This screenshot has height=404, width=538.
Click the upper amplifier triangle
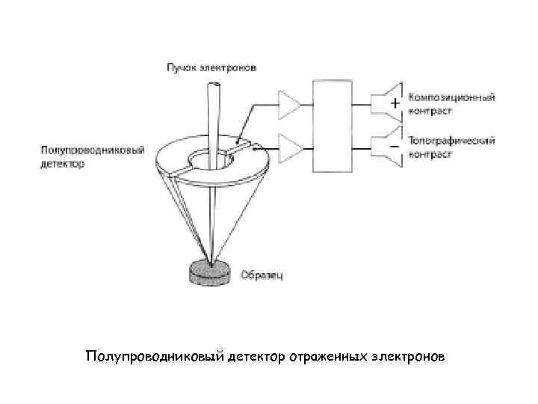coord(288,105)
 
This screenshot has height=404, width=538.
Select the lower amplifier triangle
coord(288,147)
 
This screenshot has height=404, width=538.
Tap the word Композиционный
coord(451,98)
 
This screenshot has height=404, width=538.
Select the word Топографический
coord(451,141)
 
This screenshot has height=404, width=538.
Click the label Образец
coord(262,275)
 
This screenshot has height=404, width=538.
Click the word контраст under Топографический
coord(430,154)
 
